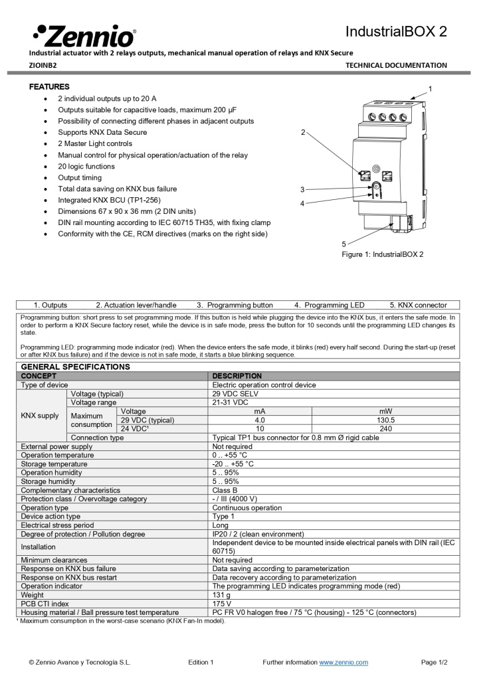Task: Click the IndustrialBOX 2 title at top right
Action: tap(396, 32)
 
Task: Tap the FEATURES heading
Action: tap(49, 87)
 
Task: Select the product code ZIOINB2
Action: tap(43, 65)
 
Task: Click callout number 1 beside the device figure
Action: tap(430, 88)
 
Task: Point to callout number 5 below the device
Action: tap(343, 244)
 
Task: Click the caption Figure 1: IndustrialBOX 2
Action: tap(382, 254)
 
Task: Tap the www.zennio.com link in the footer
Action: tap(343, 662)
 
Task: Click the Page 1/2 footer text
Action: tap(434, 662)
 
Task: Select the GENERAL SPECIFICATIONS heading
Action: tap(76, 367)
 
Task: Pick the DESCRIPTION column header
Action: tap(237, 376)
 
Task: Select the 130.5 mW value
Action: tap(385, 420)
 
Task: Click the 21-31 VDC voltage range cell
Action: tap(231, 402)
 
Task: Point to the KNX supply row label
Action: tap(40, 416)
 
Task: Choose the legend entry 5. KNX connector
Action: tap(418, 305)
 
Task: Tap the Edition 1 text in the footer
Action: tap(201, 662)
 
